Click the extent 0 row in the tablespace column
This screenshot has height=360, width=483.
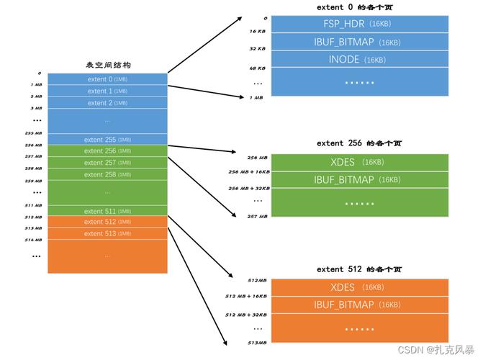[107, 79]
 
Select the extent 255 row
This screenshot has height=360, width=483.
[107, 140]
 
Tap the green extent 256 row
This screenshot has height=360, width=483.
[107, 151]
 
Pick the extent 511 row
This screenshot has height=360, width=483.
[107, 211]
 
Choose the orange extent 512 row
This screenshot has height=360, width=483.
[107, 222]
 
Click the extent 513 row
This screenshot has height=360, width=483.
[107, 233]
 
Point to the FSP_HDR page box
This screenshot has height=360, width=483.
[360, 24]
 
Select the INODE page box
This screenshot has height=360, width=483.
[360, 59]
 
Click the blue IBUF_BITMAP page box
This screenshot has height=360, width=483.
[360, 42]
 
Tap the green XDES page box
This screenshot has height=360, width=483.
[360, 162]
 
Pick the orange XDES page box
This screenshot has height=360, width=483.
[360, 287]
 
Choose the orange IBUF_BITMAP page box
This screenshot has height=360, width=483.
[360, 305]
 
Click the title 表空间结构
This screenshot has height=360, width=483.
[108, 66]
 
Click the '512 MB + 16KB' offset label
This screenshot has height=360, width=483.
[246, 296]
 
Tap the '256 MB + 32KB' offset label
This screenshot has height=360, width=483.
[249, 188]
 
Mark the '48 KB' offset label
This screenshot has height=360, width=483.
[258, 68]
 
